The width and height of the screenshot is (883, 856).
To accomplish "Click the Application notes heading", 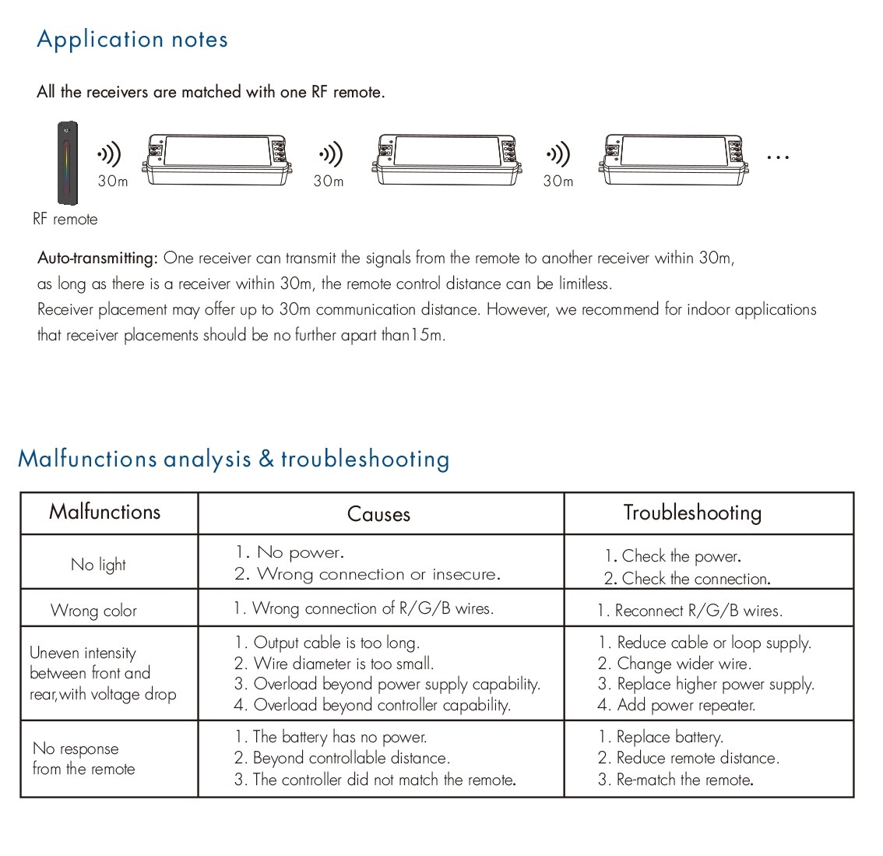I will pos(132,40).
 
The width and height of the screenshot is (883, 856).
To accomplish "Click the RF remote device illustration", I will pos(68,162).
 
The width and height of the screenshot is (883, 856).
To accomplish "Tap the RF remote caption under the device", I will pos(65,220).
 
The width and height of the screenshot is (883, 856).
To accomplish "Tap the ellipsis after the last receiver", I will pos(778,157).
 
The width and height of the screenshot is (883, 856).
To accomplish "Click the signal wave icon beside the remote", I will pos(110,156).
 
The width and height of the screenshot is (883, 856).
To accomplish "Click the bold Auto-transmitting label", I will pos(98,258).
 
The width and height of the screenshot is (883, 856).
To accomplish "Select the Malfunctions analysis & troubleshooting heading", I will pos(234,459).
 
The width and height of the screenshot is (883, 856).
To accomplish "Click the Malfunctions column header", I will pos(105,512).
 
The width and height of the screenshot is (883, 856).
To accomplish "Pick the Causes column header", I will pos(378,514).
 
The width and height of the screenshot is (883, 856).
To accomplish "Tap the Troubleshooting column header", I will pos(692,513).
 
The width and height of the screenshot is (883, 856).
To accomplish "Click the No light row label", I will pos(98,565).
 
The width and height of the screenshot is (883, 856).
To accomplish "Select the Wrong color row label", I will pos(93,611).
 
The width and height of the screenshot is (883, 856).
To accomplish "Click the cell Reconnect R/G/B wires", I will pos(690,611).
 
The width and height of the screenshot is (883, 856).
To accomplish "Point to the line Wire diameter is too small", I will pos(335,664).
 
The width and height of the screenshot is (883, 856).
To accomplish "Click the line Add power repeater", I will pos(677,706).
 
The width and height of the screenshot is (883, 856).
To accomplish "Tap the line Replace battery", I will pos(661,737).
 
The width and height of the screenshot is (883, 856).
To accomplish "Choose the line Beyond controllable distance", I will pos(343,758).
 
